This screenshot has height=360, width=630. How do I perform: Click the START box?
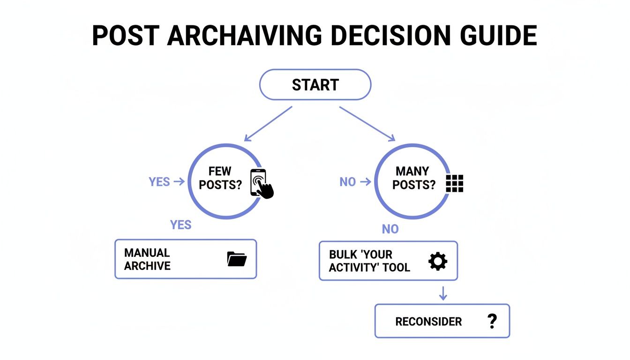(315, 85)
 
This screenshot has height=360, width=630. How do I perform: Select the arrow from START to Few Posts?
(268, 123)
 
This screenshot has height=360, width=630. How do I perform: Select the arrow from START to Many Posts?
(367, 123)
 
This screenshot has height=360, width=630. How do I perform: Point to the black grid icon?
(454, 183)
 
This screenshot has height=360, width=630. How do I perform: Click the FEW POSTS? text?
(220, 178)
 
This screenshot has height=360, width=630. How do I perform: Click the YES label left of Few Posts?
(159, 182)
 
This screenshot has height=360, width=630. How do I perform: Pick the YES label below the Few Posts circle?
(181, 225)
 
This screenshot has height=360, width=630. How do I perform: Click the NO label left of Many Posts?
(348, 182)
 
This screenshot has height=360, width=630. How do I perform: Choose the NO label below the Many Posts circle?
(390, 229)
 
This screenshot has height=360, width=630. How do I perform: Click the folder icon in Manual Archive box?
(237, 259)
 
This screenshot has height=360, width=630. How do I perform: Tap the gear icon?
(438, 261)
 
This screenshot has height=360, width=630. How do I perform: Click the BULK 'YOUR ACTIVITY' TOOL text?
(369, 261)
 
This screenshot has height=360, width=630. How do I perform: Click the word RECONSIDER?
(428, 322)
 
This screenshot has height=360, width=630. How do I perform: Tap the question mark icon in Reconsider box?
(492, 321)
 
